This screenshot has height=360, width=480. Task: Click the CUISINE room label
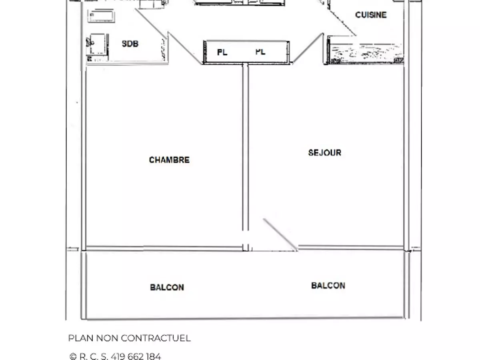pyautogui.click(x=371, y=15)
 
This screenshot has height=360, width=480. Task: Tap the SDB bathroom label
pyautogui.click(x=130, y=44)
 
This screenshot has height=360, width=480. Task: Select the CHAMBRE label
pyautogui.click(x=169, y=160)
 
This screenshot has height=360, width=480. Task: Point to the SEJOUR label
pyautogui.click(x=325, y=152)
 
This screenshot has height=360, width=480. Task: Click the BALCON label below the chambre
pyautogui.click(x=167, y=287)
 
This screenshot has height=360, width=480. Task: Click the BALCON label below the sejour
pyautogui.click(x=328, y=286)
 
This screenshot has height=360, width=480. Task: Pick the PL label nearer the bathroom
pyautogui.click(x=222, y=52)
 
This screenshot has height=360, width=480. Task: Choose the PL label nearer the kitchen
pyautogui.click(x=260, y=52)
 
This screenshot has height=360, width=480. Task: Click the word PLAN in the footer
pyautogui.click(x=81, y=338)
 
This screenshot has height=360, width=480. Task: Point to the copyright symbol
pyautogui.click(x=73, y=356)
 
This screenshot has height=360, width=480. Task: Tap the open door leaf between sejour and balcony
pyautogui.click(x=280, y=234)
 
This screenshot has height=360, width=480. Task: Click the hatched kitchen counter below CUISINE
pyautogui.click(x=366, y=54)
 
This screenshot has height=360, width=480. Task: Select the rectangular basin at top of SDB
pyautogui.click(x=101, y=16)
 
